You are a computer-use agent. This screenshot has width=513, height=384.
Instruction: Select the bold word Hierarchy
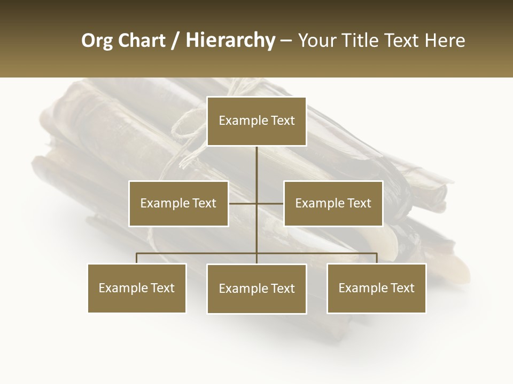point(230,41)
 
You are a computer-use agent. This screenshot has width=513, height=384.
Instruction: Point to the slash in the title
point(175,41)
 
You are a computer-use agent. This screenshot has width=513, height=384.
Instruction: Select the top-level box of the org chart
point(256,121)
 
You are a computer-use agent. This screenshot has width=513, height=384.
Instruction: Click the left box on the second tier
point(178,203)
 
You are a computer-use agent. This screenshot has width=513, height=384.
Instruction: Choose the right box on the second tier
point(333,203)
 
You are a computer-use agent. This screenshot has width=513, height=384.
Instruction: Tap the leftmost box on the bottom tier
point(137,288)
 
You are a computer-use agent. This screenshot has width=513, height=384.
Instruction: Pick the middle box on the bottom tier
point(256,289)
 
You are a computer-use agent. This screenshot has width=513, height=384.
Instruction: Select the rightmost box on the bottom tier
point(376,288)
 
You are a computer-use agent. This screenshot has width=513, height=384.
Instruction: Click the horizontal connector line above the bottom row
point(198,253)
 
